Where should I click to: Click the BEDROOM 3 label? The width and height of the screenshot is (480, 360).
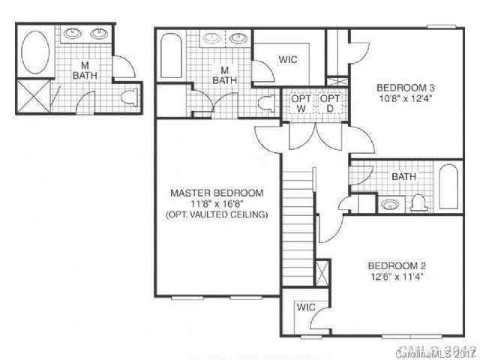[406, 87]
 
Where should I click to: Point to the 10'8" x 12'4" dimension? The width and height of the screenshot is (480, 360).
[406, 98]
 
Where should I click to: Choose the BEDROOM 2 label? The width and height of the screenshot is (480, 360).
[397, 265]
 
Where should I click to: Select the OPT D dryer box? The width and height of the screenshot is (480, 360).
[329, 104]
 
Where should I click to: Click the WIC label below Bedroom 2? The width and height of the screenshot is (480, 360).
[305, 307]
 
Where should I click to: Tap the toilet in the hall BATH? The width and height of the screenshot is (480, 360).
[418, 201]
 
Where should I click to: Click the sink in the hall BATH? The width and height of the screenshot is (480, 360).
[390, 203]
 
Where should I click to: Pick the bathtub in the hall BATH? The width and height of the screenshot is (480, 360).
[448, 187]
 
